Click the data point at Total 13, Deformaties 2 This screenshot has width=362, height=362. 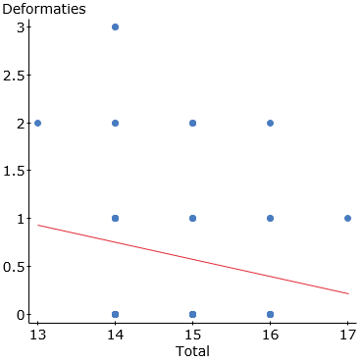pyautogui.click(x=37, y=123)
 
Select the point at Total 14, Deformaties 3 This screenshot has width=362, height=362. pyautogui.click(x=115, y=26)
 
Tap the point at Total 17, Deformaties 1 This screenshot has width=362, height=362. pyautogui.click(x=347, y=218)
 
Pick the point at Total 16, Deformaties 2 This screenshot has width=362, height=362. pyautogui.click(x=270, y=123)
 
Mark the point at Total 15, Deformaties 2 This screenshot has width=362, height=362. pyautogui.click(x=192, y=123)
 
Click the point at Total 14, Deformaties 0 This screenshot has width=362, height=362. pyautogui.click(x=115, y=314)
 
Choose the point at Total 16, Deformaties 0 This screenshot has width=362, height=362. pyautogui.click(x=270, y=314)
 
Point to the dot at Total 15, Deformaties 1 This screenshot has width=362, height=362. pyautogui.click(x=192, y=218)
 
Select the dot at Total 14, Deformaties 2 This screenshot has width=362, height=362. pyautogui.click(x=115, y=123)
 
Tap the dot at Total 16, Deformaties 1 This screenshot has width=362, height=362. pyautogui.click(x=270, y=218)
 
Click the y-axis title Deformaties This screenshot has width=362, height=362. pyautogui.click(x=43, y=9)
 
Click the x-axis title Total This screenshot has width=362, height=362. pyautogui.click(x=192, y=350)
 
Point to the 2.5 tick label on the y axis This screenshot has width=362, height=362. pyautogui.click(x=14, y=75)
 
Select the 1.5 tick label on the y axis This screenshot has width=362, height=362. pyautogui.click(x=14, y=171)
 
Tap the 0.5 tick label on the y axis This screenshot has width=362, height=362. pyautogui.click(x=14, y=266)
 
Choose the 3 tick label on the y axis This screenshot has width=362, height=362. pyautogui.click(x=21, y=26)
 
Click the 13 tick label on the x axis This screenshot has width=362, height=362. pyautogui.click(x=37, y=334)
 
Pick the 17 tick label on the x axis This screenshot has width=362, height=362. pyautogui.click(x=347, y=334)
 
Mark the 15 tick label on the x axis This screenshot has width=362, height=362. pyautogui.click(x=192, y=334)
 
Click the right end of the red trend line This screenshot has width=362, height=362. pyautogui.click(x=347, y=293)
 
